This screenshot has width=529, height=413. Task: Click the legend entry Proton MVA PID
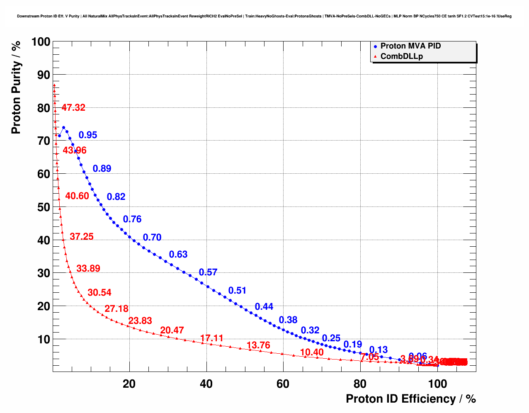point(410,46)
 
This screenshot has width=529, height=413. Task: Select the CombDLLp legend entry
point(401,56)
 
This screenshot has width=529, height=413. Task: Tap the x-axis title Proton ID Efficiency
point(410,399)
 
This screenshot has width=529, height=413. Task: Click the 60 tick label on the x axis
point(283,384)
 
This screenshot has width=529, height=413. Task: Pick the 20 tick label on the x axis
point(129,384)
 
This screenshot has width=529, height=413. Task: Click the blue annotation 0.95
point(88,135)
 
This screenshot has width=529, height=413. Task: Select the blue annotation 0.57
point(208,272)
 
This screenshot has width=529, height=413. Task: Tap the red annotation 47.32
point(73,108)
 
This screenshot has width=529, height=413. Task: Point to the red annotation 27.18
point(116,309)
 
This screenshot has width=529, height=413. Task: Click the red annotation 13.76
point(258,345)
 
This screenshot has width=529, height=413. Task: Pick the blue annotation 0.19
point(353,345)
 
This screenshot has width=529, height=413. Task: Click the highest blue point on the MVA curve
point(63,128)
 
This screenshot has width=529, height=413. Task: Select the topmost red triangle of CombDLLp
point(54,85)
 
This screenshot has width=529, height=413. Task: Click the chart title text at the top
point(264,16)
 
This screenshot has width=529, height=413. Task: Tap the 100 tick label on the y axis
point(41,42)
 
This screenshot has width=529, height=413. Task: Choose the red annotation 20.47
point(172,330)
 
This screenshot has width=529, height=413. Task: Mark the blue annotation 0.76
point(132,219)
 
